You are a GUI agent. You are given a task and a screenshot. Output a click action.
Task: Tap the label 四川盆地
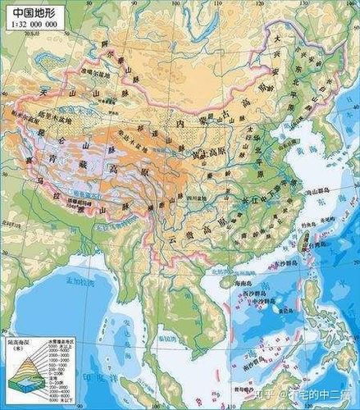(189, 198)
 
